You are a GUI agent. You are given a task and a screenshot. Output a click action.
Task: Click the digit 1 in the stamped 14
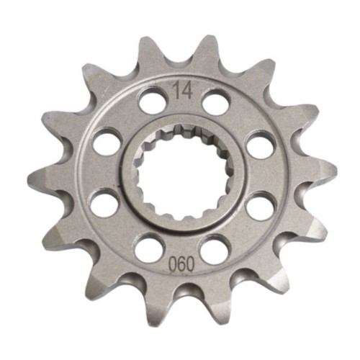click(177, 90)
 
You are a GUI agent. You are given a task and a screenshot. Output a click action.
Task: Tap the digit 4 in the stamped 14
click(187, 90)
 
